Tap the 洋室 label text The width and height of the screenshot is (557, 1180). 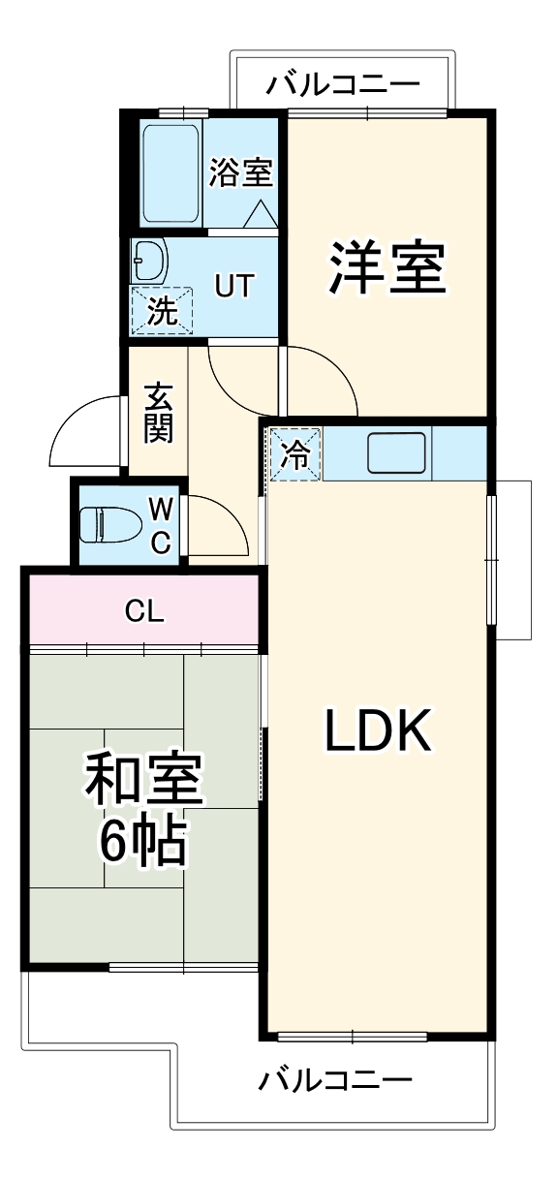387,268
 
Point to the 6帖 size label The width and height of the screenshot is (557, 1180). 143,845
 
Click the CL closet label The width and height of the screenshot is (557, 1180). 144,611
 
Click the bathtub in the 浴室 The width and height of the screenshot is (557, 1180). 171,172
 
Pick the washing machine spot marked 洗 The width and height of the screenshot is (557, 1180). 162,311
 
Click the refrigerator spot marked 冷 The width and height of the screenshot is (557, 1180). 294,454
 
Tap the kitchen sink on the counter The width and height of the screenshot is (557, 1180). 397,452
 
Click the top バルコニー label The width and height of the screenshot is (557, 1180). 343,85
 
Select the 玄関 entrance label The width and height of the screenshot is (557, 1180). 159,412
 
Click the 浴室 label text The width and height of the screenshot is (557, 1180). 240,172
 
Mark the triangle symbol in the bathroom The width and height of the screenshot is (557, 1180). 259,216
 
